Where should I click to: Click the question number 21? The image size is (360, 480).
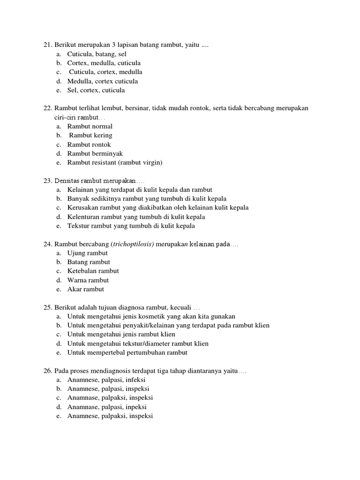coord(47,45)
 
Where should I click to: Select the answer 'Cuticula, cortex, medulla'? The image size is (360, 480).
coord(105,72)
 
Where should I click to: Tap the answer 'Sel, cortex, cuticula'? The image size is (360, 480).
coord(96,90)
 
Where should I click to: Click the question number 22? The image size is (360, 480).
coord(47,108)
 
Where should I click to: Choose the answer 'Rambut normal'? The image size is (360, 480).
coord(90,127)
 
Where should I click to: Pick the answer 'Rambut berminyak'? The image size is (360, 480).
coord(95,154)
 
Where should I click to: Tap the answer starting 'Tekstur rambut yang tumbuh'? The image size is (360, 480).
coord(131,226)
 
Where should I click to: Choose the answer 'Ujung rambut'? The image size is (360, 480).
coord(88,253)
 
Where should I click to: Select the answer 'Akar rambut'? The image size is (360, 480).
coord(86,289)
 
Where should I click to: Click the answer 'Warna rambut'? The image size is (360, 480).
coord(88,280)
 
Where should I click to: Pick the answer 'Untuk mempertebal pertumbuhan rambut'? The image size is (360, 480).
coord(127,352)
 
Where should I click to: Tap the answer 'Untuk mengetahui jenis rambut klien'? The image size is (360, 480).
coord(121,335)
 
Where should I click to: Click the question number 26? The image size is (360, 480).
coord(47,371)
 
